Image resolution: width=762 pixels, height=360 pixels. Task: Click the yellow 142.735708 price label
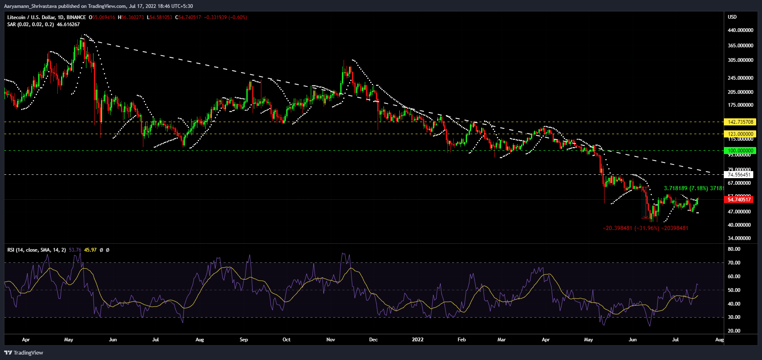pos(740,122)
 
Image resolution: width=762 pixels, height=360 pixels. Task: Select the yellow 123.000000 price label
pos(740,134)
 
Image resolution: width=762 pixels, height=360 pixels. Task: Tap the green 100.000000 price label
pos(740,151)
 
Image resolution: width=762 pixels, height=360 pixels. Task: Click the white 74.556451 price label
pos(739,175)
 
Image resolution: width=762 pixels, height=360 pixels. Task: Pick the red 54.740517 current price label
pos(739,200)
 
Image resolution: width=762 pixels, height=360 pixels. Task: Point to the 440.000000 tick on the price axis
pos(740,30)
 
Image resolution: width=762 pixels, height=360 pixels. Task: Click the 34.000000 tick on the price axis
pos(739,238)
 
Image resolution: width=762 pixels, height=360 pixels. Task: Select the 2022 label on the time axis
pos(418,340)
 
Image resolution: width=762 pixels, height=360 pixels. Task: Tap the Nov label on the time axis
pos(331,340)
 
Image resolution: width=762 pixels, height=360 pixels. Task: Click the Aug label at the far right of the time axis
pos(719,340)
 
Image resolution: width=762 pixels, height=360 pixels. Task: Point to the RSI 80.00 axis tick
pos(734,249)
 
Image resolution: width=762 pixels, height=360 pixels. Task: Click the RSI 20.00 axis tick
pos(734,331)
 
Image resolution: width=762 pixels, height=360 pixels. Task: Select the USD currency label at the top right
pos(732,17)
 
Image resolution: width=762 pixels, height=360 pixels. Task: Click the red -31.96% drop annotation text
pos(646,228)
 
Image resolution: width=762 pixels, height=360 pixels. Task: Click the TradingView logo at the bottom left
pos(24,353)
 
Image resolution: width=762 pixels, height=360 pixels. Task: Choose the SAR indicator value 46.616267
pos(68,24)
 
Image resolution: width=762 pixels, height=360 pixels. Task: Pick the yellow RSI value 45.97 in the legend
pos(90,250)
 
